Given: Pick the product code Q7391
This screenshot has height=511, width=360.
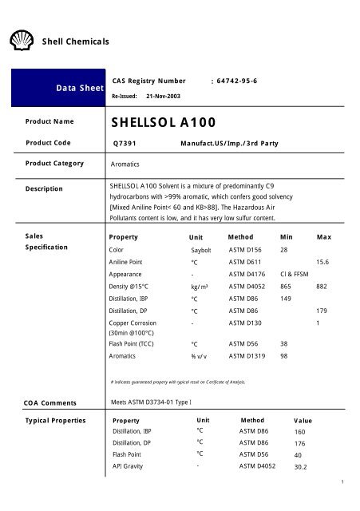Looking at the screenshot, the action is click(x=128, y=143).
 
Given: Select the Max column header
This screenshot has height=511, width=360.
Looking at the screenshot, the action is click(x=323, y=237).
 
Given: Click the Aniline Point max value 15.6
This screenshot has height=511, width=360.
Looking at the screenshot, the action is click(x=323, y=263).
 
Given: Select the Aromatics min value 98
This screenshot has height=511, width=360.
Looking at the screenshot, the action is click(x=285, y=357).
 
